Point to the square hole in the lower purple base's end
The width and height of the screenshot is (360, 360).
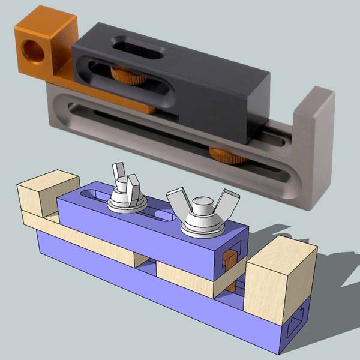point(300,321)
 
